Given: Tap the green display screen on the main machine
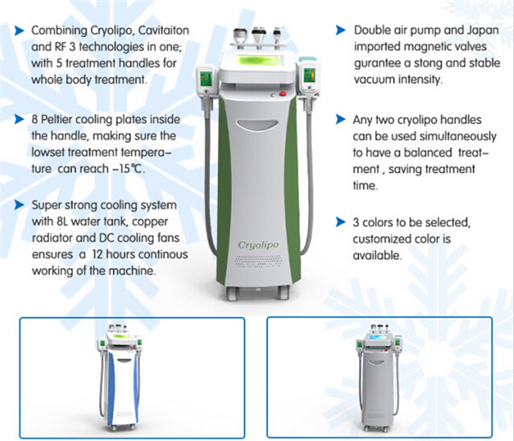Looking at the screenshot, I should [254, 64].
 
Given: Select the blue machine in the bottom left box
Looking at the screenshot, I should [119, 378].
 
